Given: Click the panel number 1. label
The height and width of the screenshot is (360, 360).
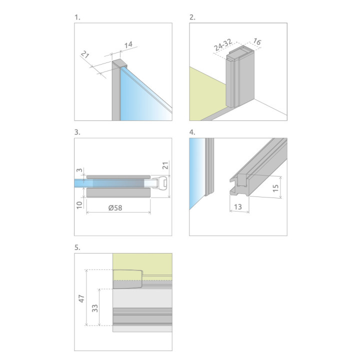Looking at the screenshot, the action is (77, 17).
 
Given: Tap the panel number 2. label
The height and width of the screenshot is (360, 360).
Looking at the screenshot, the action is (192, 17).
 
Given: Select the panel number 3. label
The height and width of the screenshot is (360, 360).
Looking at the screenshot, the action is (77, 132).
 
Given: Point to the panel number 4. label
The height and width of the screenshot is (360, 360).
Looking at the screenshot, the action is (192, 132).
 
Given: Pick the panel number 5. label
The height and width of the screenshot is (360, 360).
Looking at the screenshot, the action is (77, 247).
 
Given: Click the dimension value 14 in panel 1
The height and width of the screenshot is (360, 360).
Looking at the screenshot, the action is (128, 45).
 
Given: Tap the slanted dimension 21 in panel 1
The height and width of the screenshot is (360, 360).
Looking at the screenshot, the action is (85, 54).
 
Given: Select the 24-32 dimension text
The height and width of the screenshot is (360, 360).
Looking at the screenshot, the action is (223, 45).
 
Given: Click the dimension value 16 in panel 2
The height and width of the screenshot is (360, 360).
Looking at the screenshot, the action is (257, 41).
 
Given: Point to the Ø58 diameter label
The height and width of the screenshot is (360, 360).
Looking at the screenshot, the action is (115, 208).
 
